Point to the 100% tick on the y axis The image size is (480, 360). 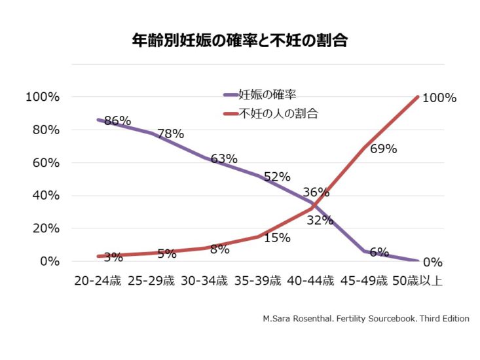43,97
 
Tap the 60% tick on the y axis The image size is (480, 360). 46,163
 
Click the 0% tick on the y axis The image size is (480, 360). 49,262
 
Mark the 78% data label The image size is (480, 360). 170,134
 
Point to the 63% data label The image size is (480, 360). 224,158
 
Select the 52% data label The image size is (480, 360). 277,177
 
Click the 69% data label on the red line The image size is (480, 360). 383,149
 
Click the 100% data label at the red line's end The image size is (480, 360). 439,98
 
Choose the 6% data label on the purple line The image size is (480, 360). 378,252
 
